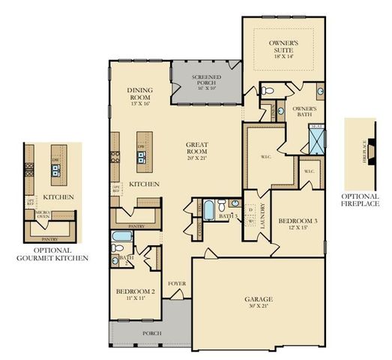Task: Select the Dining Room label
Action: pos(140,94)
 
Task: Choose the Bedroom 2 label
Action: pos(136,294)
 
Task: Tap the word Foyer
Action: pos(177,283)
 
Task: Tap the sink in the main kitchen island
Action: pos(140,156)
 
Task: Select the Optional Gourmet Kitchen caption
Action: pos(53,254)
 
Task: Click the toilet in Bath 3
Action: pos(235,204)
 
